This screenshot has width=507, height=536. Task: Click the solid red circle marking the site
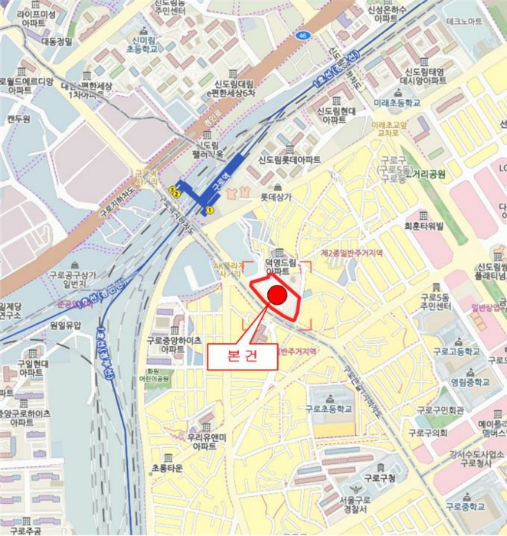(x=278, y=296)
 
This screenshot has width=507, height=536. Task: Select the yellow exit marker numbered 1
(x=209, y=209)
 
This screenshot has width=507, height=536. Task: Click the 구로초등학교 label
(x=331, y=409)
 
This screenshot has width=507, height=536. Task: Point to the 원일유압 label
(x=64, y=325)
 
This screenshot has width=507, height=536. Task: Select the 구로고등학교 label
(x=456, y=351)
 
